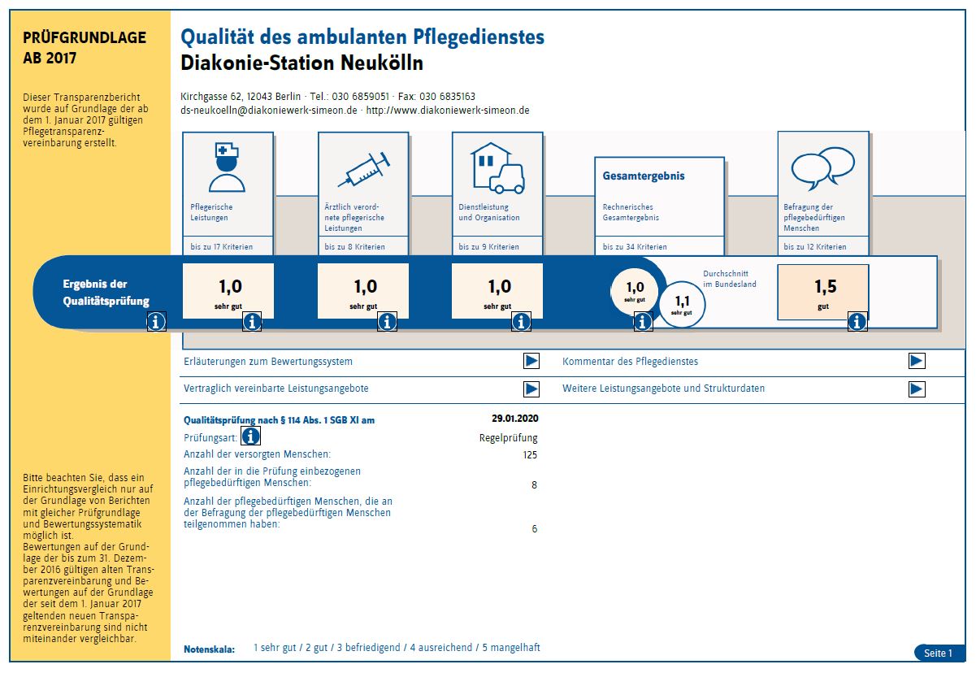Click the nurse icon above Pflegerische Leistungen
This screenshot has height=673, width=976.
[x=227, y=167]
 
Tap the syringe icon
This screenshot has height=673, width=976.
[x=364, y=169]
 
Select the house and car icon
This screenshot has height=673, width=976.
[x=497, y=168]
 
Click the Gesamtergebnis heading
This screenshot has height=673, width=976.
[x=644, y=176]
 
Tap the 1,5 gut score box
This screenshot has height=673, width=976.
[x=823, y=292]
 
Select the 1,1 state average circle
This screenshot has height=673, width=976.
[x=682, y=304]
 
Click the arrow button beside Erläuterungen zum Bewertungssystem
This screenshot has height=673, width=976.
[x=531, y=361]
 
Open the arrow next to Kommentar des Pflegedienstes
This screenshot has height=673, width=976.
[x=917, y=361]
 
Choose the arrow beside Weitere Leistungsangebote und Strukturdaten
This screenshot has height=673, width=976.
[x=917, y=389]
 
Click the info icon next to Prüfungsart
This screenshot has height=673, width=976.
[x=250, y=436]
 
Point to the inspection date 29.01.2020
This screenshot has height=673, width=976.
[x=515, y=419]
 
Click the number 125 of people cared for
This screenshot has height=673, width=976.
[x=530, y=454]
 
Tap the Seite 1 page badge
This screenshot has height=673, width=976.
[x=939, y=653]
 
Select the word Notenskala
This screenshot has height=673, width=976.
[x=209, y=649]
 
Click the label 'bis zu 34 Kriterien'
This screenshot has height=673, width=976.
[x=635, y=247]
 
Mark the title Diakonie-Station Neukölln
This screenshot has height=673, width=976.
[x=302, y=63]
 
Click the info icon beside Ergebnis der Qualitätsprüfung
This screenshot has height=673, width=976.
[x=156, y=322]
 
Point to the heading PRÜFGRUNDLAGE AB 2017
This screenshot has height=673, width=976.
[x=85, y=47]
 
